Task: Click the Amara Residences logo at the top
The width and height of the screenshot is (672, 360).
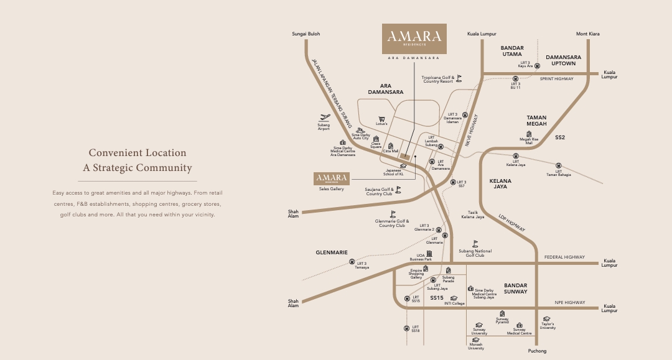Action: pos(414,39)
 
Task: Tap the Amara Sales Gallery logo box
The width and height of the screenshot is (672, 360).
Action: pos(332,178)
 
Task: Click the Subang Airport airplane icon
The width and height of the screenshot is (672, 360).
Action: pos(324,116)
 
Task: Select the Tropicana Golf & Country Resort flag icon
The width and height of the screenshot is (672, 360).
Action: pos(459,78)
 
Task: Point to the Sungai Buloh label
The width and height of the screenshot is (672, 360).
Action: pos(306,34)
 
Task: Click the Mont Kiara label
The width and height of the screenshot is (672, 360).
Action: pos(588,34)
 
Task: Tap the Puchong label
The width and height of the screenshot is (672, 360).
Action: pos(537,351)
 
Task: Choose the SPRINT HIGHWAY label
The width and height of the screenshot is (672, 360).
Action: pos(556,79)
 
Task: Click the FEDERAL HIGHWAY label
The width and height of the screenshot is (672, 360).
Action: pos(564,257)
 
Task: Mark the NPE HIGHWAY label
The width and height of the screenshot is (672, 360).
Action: pos(570,302)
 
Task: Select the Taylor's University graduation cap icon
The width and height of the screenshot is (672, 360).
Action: pos(547,318)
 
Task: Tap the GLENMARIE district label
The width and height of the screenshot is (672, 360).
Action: pos(332,252)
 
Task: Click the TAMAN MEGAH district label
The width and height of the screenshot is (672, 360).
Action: pos(536,121)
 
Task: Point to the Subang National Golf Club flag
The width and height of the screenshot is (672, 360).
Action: pos(475,244)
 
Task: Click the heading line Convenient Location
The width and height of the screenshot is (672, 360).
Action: pos(138,153)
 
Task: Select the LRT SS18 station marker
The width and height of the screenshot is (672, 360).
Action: pos(407,328)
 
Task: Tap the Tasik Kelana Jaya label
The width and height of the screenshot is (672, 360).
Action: pos(472,215)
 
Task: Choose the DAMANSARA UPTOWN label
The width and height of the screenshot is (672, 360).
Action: pos(564,60)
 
